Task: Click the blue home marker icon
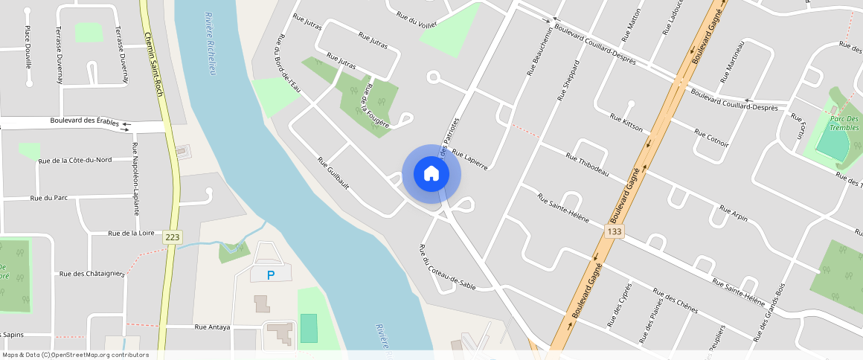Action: click(x=431, y=174)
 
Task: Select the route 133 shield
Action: click(x=614, y=232)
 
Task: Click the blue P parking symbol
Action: click(x=271, y=275)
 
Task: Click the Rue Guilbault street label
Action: click(x=333, y=173)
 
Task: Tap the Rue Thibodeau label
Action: click(x=587, y=164)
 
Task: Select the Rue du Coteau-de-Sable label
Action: click(x=447, y=267)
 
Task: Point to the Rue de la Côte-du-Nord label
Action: click(x=74, y=160)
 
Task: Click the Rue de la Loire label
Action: click(x=131, y=233)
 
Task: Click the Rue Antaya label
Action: click(x=212, y=327)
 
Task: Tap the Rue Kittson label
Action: click(x=626, y=123)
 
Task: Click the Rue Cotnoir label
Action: click(x=711, y=138)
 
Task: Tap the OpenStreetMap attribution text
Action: click(x=75, y=355)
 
